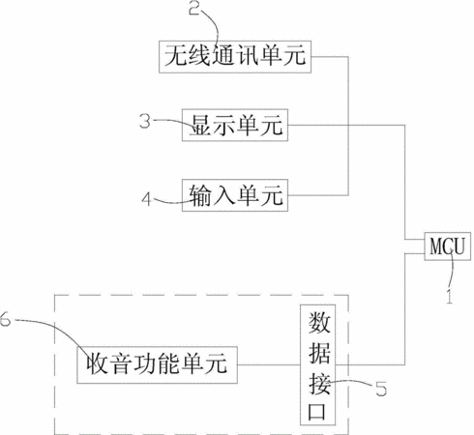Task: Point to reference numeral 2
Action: (x=194, y=8)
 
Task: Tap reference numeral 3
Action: (x=145, y=122)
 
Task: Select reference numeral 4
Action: (x=146, y=199)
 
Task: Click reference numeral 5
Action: (x=381, y=389)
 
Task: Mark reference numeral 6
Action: (x=6, y=319)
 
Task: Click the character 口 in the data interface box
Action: (x=317, y=411)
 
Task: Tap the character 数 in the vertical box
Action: (x=319, y=323)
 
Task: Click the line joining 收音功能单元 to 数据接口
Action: (x=269, y=365)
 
